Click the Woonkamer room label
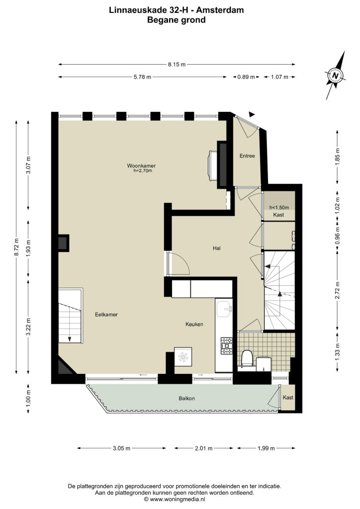tap(141, 166)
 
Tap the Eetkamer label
tap(106, 315)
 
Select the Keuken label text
tap(194, 324)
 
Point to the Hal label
tap(217, 248)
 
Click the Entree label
tap(247, 156)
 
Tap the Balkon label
tap(186, 398)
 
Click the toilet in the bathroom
tap(247, 358)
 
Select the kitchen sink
tap(224, 309)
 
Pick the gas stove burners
tap(227, 346)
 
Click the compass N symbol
tap(336, 76)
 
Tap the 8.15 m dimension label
tap(177, 64)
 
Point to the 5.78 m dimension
tap(142, 77)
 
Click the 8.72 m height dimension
tap(16, 247)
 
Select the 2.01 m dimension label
tap(203, 448)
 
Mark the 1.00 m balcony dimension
tap(28, 399)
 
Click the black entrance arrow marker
tap(252, 114)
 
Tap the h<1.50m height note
tap(279, 207)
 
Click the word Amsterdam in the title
tap(220, 10)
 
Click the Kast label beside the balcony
tap(288, 397)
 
